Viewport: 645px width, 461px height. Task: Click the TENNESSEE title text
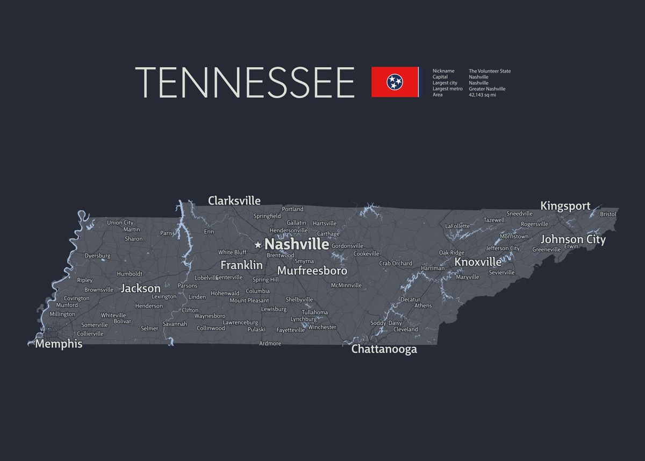tap(245, 82)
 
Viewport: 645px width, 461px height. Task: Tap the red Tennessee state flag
tap(395, 82)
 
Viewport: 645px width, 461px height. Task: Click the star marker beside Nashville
tap(258, 245)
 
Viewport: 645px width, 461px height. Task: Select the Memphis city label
tap(59, 344)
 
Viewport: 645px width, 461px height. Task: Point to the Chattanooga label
tap(384, 349)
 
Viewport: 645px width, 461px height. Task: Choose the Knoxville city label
tap(478, 262)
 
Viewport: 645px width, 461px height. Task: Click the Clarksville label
tap(234, 201)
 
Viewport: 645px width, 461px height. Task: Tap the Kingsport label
tap(565, 206)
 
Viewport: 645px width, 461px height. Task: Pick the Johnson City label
tap(573, 239)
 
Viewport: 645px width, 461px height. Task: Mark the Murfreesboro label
tap(312, 271)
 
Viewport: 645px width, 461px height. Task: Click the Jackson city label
tap(140, 288)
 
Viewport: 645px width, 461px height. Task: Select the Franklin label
tap(241, 265)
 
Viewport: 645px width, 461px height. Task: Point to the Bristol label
tap(608, 214)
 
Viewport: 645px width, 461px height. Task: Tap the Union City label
tap(120, 223)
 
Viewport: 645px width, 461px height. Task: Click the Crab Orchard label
tap(396, 264)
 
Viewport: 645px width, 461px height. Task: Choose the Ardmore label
tap(270, 344)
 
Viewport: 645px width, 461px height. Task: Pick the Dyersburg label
tap(97, 256)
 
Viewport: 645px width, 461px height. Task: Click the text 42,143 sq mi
tap(482, 95)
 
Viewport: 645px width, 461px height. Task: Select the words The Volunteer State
tap(490, 71)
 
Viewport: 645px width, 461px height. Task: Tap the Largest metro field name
tap(447, 89)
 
